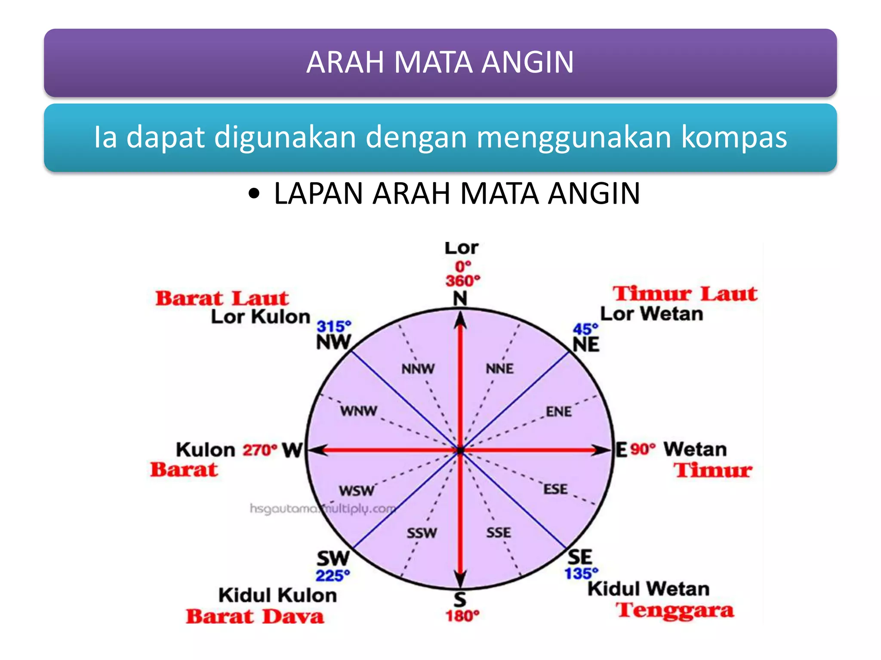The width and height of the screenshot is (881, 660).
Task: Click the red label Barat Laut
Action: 222,298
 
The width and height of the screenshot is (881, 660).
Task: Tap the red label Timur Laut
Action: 685,294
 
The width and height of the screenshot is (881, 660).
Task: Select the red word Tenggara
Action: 675,610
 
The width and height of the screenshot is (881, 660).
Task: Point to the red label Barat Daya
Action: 255,616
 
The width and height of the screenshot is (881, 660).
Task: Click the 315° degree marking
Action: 334,327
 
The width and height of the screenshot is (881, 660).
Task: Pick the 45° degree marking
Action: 585,329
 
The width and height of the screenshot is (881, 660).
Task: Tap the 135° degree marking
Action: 581,573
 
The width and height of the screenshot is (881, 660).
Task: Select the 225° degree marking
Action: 333,575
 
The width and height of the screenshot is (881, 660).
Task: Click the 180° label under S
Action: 462,616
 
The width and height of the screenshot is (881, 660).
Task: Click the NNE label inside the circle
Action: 499,369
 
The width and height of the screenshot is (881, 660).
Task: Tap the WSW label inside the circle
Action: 356,490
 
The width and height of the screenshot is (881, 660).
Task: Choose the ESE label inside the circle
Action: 555,489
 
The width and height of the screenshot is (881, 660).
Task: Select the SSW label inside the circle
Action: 422,533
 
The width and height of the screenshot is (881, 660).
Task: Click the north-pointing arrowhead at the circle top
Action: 461,320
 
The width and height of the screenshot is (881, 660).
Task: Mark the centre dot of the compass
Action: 461,450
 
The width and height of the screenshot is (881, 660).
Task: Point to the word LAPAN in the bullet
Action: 318,193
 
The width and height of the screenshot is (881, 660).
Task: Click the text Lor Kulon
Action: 260,317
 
